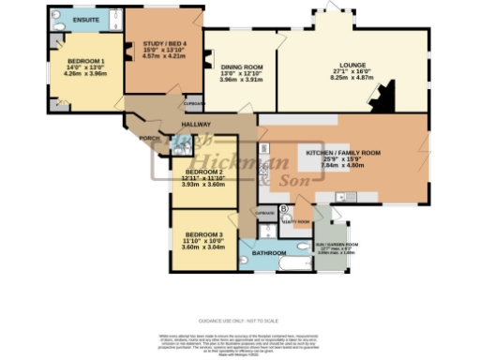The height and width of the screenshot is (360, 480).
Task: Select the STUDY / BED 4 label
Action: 163,44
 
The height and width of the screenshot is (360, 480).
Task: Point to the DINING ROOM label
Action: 241,67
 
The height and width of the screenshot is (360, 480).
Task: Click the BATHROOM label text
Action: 268,252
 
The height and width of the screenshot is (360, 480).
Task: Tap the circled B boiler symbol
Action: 284,206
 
